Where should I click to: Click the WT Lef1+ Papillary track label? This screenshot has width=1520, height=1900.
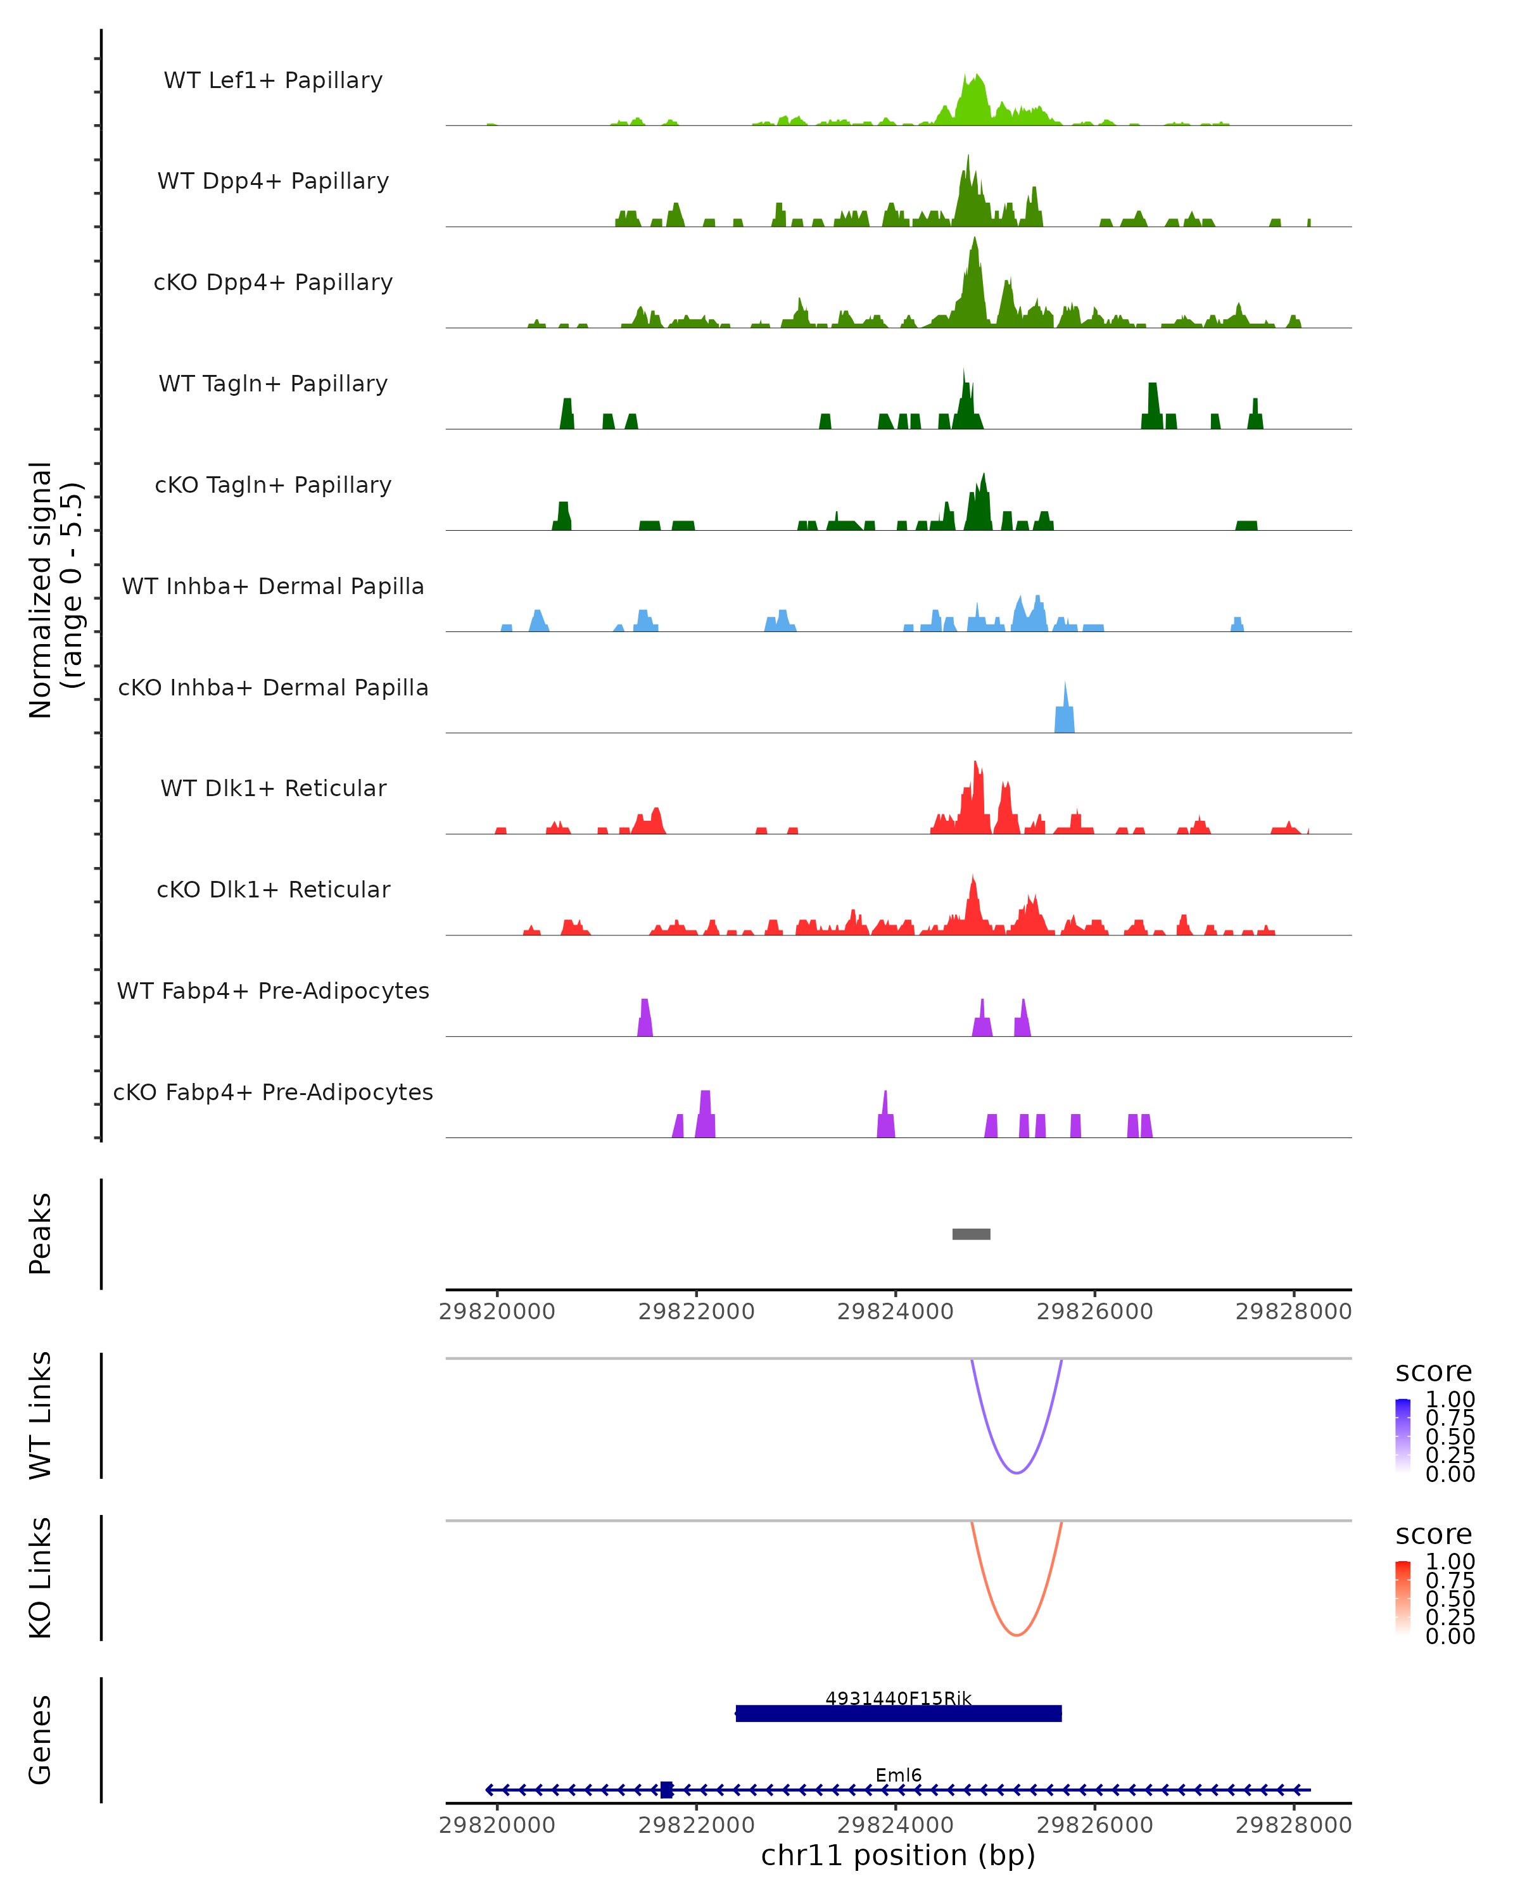[273, 80]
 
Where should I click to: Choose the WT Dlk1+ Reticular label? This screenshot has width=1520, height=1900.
[273, 788]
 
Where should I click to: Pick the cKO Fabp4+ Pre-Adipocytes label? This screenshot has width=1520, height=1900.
[273, 1092]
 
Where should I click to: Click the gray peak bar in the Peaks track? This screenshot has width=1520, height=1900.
[971, 1234]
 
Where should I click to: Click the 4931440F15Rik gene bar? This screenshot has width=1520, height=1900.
[898, 1713]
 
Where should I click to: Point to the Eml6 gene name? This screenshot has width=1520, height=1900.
[898, 1775]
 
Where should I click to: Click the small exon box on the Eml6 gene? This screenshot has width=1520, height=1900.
[666, 1790]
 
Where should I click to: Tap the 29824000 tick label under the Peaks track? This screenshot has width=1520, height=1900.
[896, 1312]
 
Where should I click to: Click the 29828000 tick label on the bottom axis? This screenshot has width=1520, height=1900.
[1293, 1825]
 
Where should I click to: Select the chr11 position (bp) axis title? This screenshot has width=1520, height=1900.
[898, 1856]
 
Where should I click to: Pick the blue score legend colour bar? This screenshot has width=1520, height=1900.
[1403, 1434]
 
